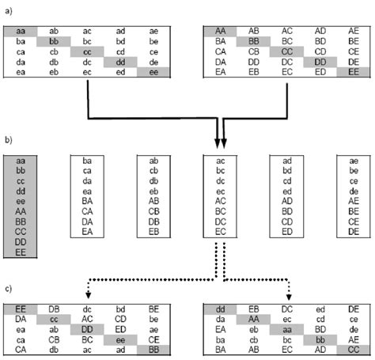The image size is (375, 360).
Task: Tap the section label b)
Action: pos(7,142)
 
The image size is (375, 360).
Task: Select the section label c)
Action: pos(7,288)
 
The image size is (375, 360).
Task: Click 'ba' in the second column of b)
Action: pos(87,161)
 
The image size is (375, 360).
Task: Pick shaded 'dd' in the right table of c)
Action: pos(222,309)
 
